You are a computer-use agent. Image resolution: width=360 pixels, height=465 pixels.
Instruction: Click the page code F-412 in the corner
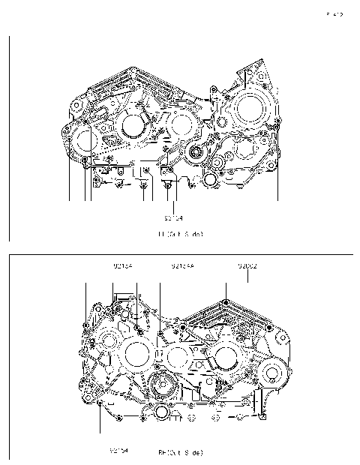[334, 14]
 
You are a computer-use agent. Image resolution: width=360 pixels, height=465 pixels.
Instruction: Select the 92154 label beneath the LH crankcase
[173, 218]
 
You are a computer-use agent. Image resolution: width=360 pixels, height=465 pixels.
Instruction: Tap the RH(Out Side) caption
[180, 452]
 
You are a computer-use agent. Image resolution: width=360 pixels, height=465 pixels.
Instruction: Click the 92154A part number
[182, 266]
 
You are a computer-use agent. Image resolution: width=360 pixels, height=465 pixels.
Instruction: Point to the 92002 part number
[247, 266]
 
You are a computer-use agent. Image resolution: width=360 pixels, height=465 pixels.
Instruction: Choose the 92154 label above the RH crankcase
[123, 266]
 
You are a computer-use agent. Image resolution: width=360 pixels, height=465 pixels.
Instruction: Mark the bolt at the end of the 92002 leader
[226, 303]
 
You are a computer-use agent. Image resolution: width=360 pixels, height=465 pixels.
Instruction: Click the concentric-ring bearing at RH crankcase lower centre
[162, 388]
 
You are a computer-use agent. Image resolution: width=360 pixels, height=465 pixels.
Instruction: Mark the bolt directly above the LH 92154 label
[174, 180]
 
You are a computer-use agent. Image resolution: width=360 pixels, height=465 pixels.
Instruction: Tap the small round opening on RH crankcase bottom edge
[163, 415]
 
